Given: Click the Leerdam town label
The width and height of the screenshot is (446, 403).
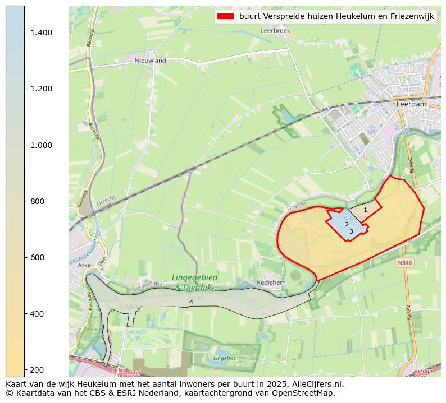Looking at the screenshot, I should (x=411, y=104).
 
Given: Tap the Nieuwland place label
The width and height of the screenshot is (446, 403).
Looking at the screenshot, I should (x=150, y=60).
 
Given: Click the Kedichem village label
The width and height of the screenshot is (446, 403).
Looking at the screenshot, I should (x=270, y=282).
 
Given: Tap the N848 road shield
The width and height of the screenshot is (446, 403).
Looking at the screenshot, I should (x=404, y=262).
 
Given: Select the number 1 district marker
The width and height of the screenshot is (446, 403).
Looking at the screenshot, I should (x=365, y=210).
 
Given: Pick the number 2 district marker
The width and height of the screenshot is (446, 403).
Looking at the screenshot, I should (x=347, y=224).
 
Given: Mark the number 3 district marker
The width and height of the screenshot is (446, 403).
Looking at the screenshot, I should (x=351, y=231).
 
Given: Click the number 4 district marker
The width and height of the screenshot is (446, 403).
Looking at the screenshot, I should (x=191, y=302).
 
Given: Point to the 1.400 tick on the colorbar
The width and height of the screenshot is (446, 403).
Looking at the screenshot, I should (x=42, y=33).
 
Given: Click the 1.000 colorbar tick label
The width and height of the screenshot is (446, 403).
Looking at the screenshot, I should (x=42, y=145).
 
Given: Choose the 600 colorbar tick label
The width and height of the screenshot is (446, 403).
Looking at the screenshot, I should (x=38, y=257).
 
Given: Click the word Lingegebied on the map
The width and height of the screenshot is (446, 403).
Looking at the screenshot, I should (x=194, y=277).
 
